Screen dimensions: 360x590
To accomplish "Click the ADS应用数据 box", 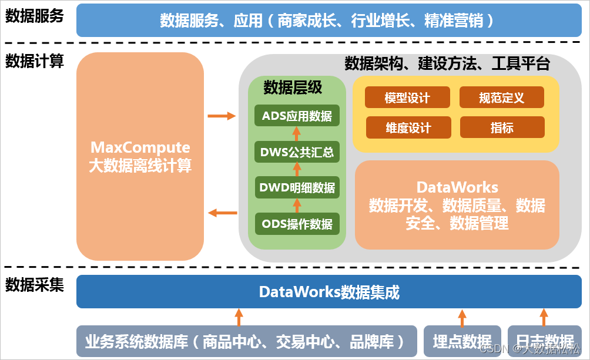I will click(297, 116).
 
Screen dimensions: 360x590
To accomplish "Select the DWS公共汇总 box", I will click(297, 153).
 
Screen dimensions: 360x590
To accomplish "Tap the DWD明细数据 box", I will click(297, 188).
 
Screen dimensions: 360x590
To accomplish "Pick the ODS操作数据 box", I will click(297, 224).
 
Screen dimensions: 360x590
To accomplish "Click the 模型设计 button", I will click(407, 97).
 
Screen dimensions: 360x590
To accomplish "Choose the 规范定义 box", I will click(501, 97).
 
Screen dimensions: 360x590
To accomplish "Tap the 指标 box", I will click(502, 127).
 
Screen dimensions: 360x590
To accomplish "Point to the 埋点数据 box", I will click(462, 341).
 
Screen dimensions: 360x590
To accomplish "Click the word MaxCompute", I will click(140, 147).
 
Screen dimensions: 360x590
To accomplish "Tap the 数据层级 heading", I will click(293, 88).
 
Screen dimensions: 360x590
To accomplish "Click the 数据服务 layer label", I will click(35, 16).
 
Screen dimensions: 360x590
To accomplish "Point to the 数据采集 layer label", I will click(35, 285).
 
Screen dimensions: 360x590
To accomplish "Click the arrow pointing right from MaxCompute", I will click(222, 116).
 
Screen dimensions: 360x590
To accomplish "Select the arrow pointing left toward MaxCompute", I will click(222, 213).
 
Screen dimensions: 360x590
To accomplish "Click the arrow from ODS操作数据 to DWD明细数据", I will click(297, 206).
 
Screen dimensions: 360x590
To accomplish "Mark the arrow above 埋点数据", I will click(462, 317).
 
